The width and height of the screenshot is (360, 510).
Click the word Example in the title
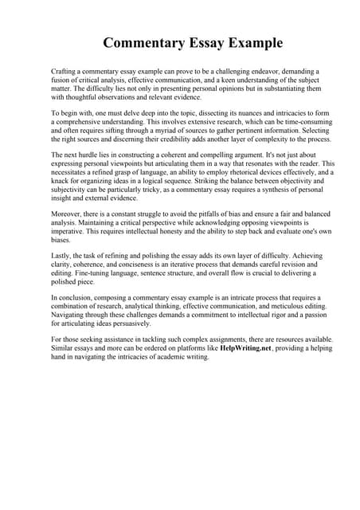pos(254,42)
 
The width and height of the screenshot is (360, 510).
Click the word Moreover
pos(68,213)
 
